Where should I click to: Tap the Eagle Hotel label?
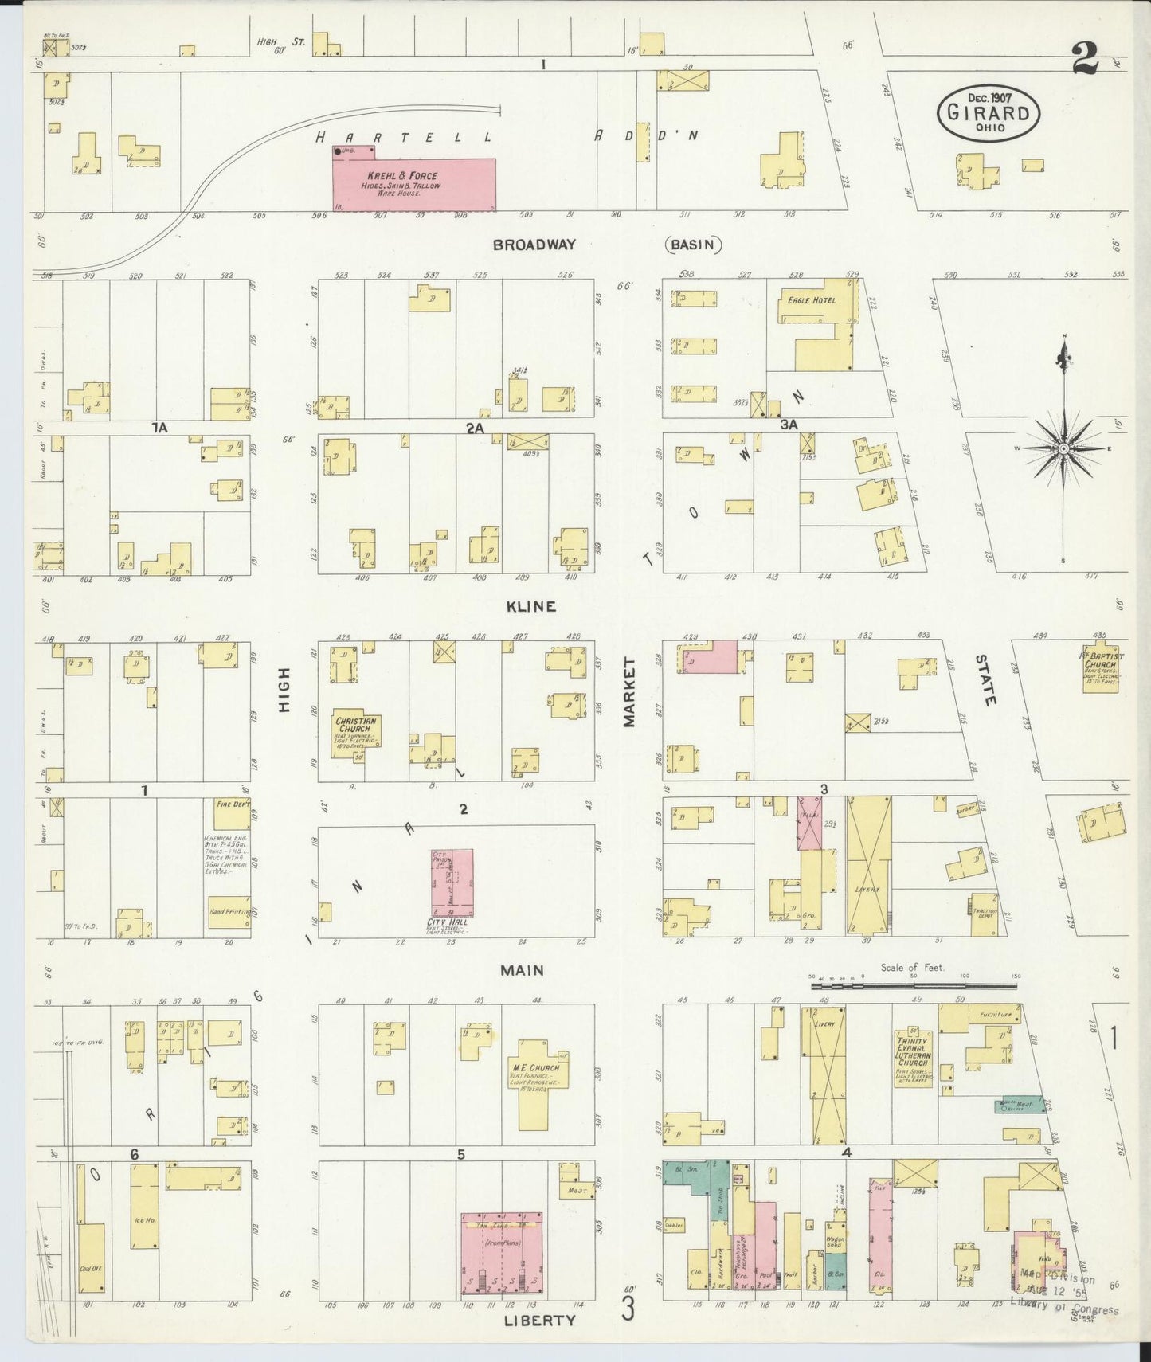(811, 300)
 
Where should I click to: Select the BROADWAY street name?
(533, 245)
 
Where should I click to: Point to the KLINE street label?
(530, 607)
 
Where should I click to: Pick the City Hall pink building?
(452, 882)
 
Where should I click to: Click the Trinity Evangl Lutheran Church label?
(913, 1051)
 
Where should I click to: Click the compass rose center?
(1063, 450)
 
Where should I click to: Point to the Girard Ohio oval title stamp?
(988, 114)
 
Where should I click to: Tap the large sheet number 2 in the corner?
(1085, 57)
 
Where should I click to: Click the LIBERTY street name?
(539, 1320)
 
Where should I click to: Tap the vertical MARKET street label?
(629, 692)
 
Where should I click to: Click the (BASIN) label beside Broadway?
(692, 245)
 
